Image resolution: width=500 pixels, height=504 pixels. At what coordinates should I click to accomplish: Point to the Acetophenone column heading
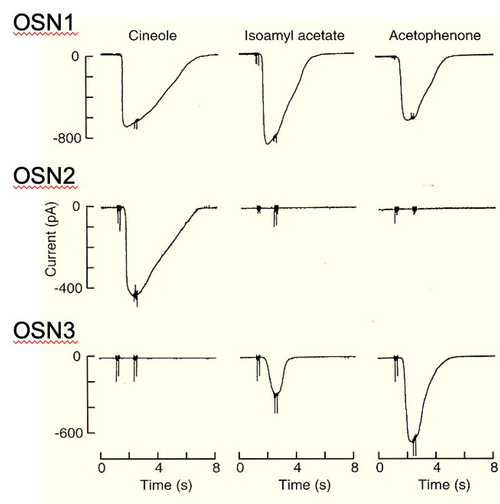[434, 35]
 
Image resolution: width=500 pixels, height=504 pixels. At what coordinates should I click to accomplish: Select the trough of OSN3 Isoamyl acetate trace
[276, 395]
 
